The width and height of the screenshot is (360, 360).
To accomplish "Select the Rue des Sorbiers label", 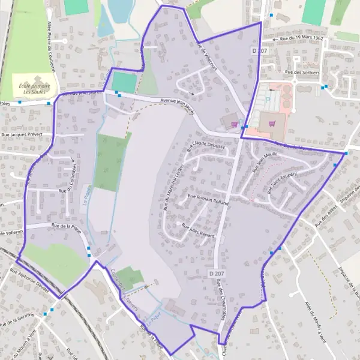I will coord(302,73).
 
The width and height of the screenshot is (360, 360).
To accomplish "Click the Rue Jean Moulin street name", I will coord(265,161).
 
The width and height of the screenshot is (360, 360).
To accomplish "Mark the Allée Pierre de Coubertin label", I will coord(52,47).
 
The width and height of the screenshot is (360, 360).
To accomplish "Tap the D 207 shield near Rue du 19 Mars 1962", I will coord(259,51).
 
